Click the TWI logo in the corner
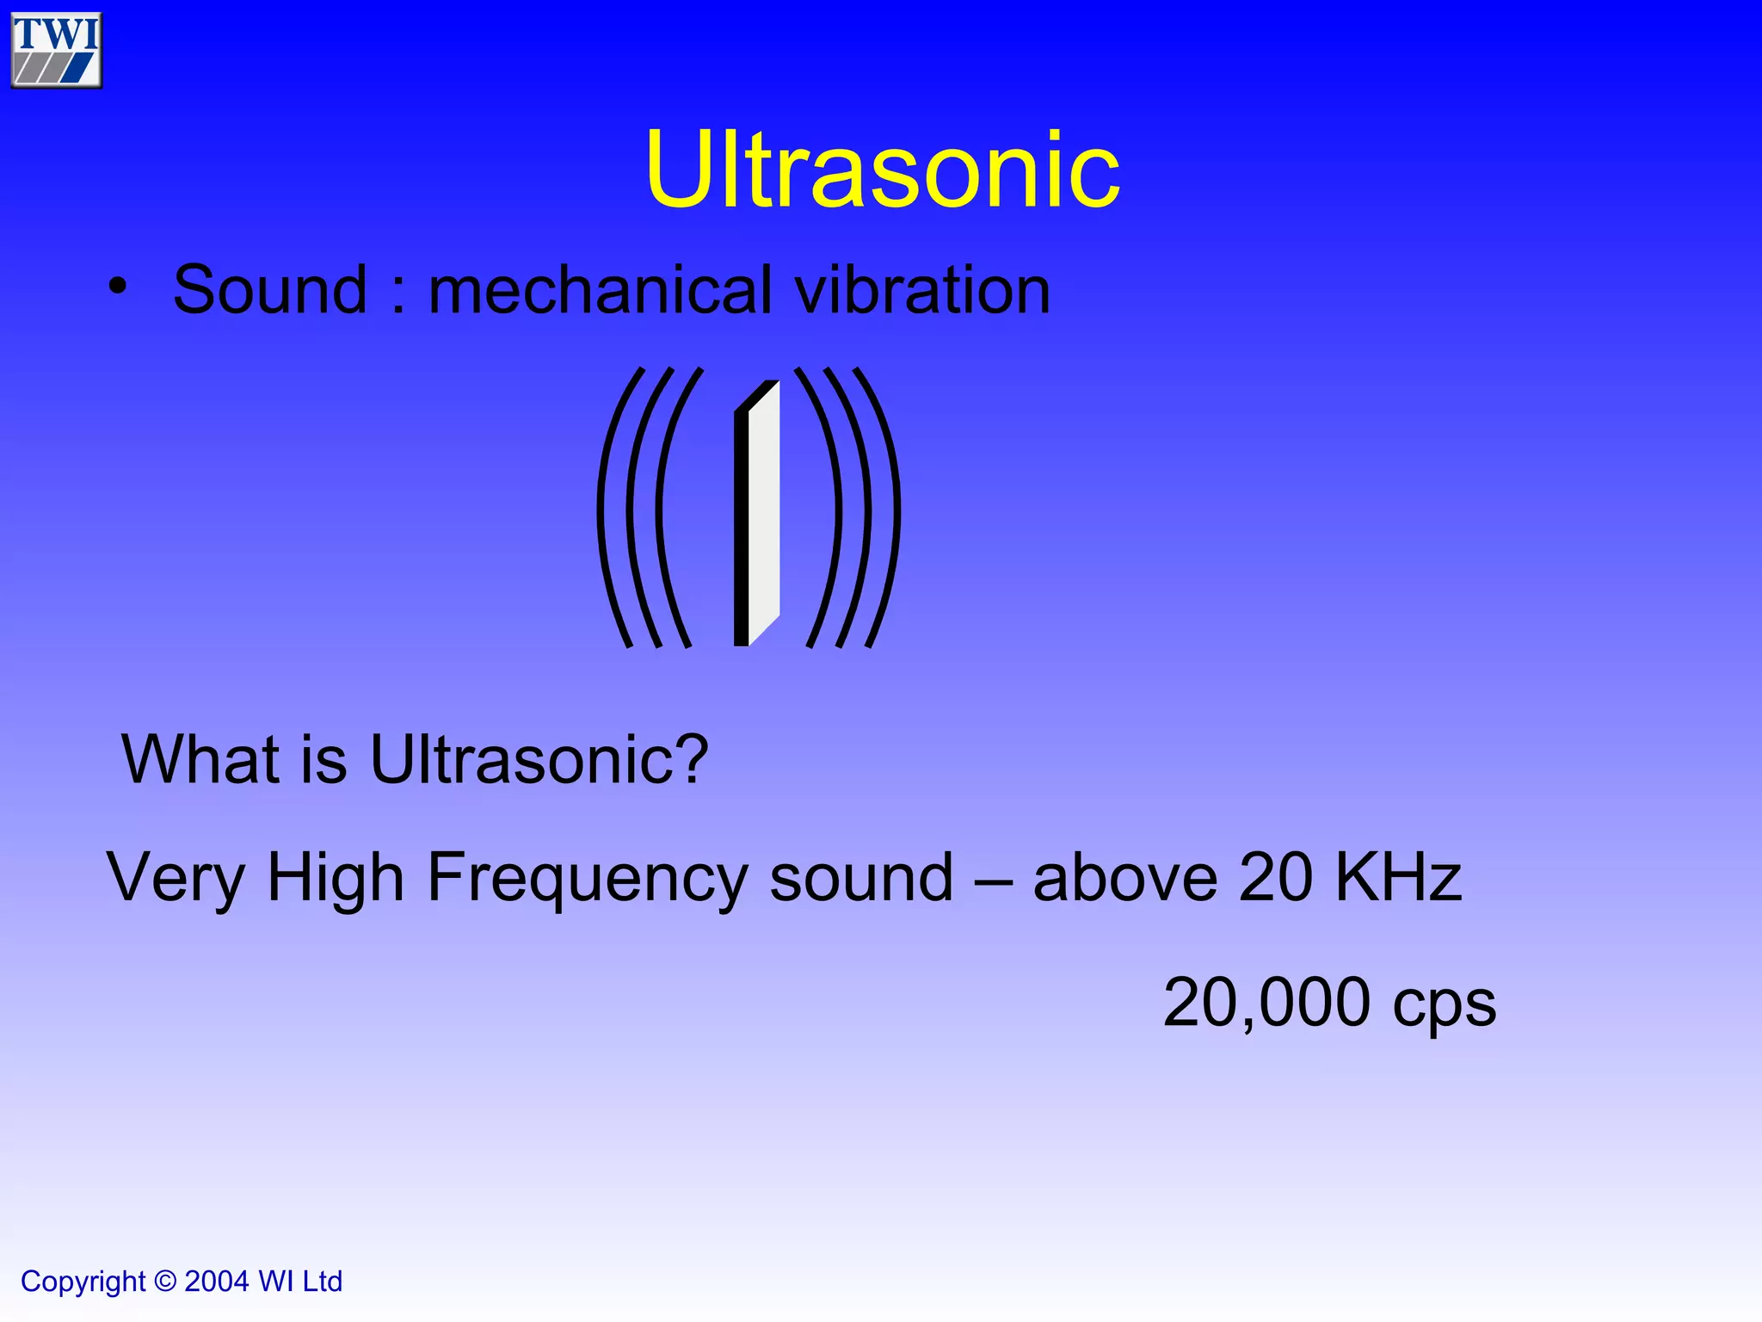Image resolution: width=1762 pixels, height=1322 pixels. coord(57,50)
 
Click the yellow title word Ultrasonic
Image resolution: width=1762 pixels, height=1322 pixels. coord(882,170)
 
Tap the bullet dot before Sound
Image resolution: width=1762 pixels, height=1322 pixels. coord(118,287)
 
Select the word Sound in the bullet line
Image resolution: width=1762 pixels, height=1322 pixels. coord(270,290)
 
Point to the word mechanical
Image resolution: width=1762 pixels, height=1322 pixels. coord(600,290)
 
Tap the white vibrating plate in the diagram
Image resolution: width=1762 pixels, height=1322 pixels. coord(763,512)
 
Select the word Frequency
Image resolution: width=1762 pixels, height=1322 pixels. coord(588,878)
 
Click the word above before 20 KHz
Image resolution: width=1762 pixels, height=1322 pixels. coord(1124,878)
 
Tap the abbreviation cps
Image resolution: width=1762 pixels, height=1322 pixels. coord(1445,1006)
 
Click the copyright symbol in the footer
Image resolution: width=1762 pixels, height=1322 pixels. coord(164,1282)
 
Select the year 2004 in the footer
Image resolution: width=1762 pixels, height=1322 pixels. coord(217,1282)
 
